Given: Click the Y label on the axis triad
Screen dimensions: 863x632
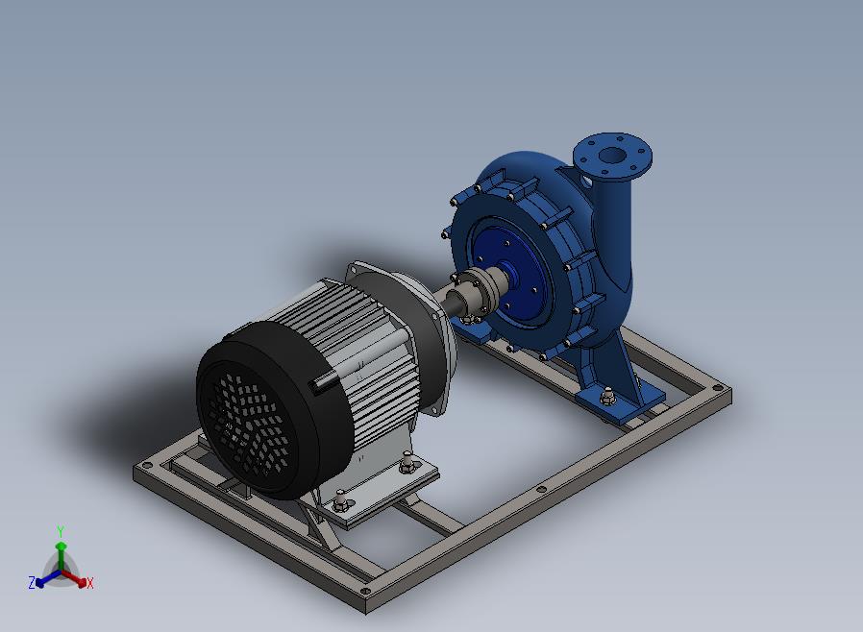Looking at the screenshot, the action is (x=61, y=531).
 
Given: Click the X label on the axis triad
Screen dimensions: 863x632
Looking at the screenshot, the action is (x=90, y=583).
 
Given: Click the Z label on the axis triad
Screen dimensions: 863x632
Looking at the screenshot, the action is (x=32, y=582).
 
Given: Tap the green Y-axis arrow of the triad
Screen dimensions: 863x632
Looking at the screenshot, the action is (x=61, y=557).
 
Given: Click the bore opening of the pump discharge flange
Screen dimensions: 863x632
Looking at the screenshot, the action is (x=611, y=155).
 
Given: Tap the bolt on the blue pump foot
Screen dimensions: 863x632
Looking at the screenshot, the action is (x=607, y=395).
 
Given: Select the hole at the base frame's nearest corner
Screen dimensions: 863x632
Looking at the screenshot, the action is (x=364, y=592).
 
